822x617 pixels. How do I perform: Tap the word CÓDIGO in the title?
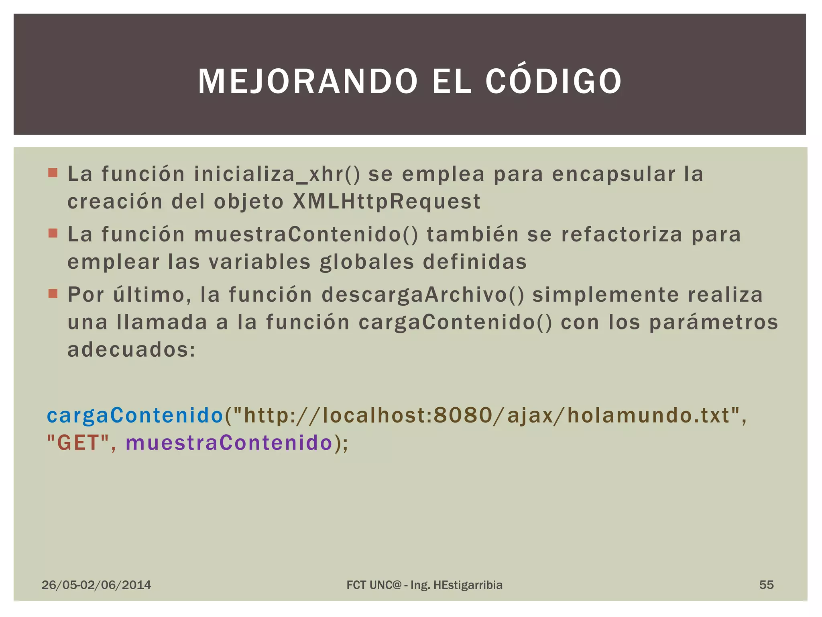553,82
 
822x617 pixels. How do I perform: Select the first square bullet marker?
53,173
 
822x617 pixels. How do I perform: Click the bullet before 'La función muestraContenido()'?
53,233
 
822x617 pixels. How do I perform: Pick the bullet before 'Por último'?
53,294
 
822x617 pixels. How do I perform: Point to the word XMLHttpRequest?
387,201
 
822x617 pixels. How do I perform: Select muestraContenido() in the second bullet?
306,235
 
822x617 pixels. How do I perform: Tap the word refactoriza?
622,235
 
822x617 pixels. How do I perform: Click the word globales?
367,262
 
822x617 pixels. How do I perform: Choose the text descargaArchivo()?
423,295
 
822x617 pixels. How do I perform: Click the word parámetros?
714,322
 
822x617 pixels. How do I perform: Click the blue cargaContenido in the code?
135,415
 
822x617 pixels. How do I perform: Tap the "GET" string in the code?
78,443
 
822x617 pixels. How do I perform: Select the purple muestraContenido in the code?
229,443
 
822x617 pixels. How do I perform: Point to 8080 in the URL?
463,415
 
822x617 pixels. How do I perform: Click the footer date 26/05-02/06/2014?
96,585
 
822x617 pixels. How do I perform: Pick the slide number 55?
766,585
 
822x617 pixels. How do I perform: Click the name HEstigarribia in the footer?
468,585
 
